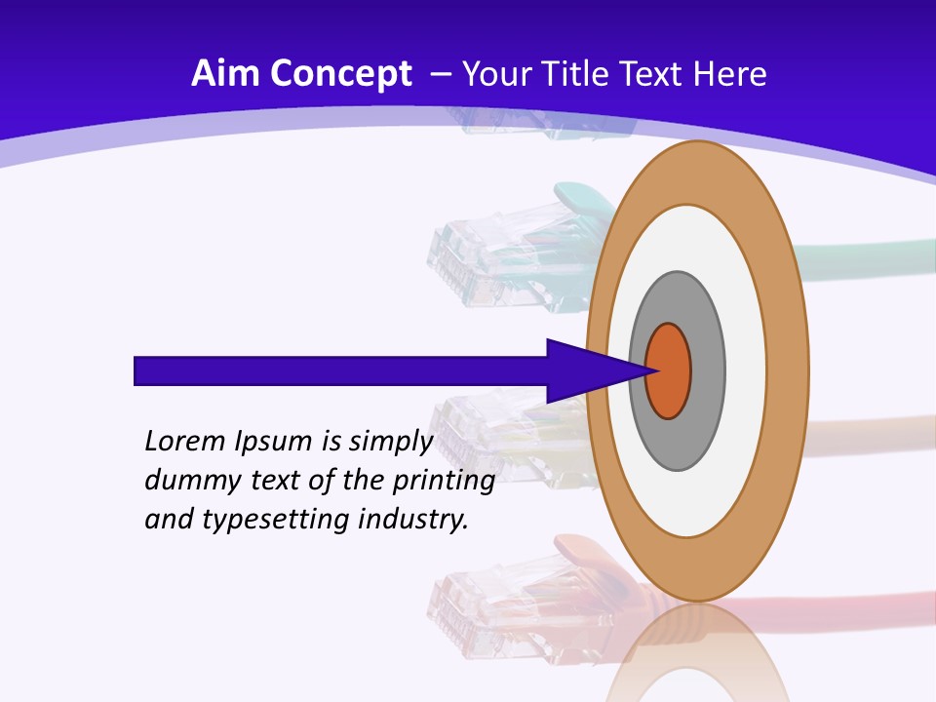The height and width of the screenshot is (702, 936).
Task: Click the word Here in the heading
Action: coord(732,74)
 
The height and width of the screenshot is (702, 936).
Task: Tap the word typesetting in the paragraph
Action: coord(278,521)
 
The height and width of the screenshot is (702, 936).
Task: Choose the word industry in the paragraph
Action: coord(414,520)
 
